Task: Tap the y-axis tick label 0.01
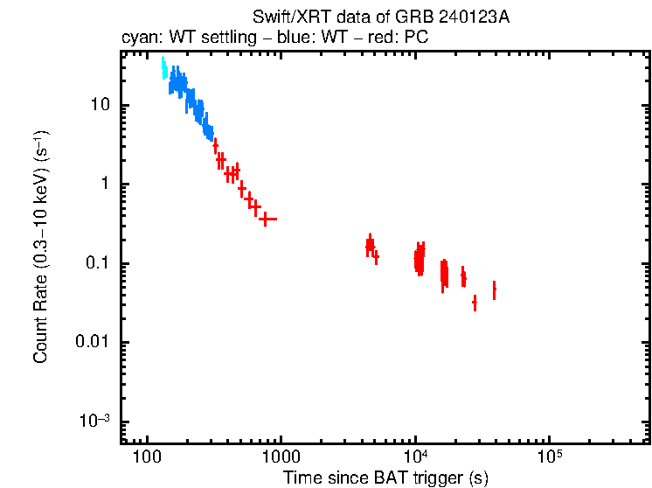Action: click(x=93, y=342)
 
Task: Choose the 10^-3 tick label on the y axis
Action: click(x=95, y=421)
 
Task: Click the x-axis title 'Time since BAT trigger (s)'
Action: click(x=385, y=478)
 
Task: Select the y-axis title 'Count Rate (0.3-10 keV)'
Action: click(x=41, y=247)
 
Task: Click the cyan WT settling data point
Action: click(x=163, y=68)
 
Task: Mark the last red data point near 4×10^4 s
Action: click(x=494, y=289)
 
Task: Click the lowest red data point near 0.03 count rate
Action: click(x=475, y=303)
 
